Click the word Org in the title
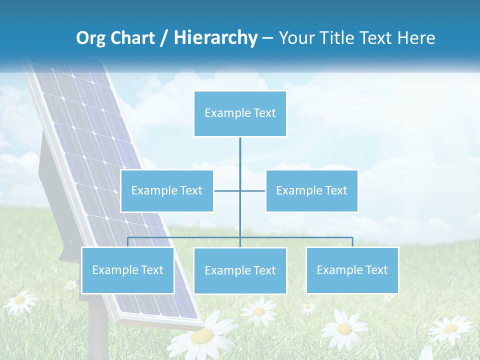90,38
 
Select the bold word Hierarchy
215,38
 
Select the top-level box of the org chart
240,113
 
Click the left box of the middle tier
167,190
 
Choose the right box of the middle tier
311,190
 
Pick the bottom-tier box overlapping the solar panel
127,270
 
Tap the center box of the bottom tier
240,270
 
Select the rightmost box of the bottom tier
352,270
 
